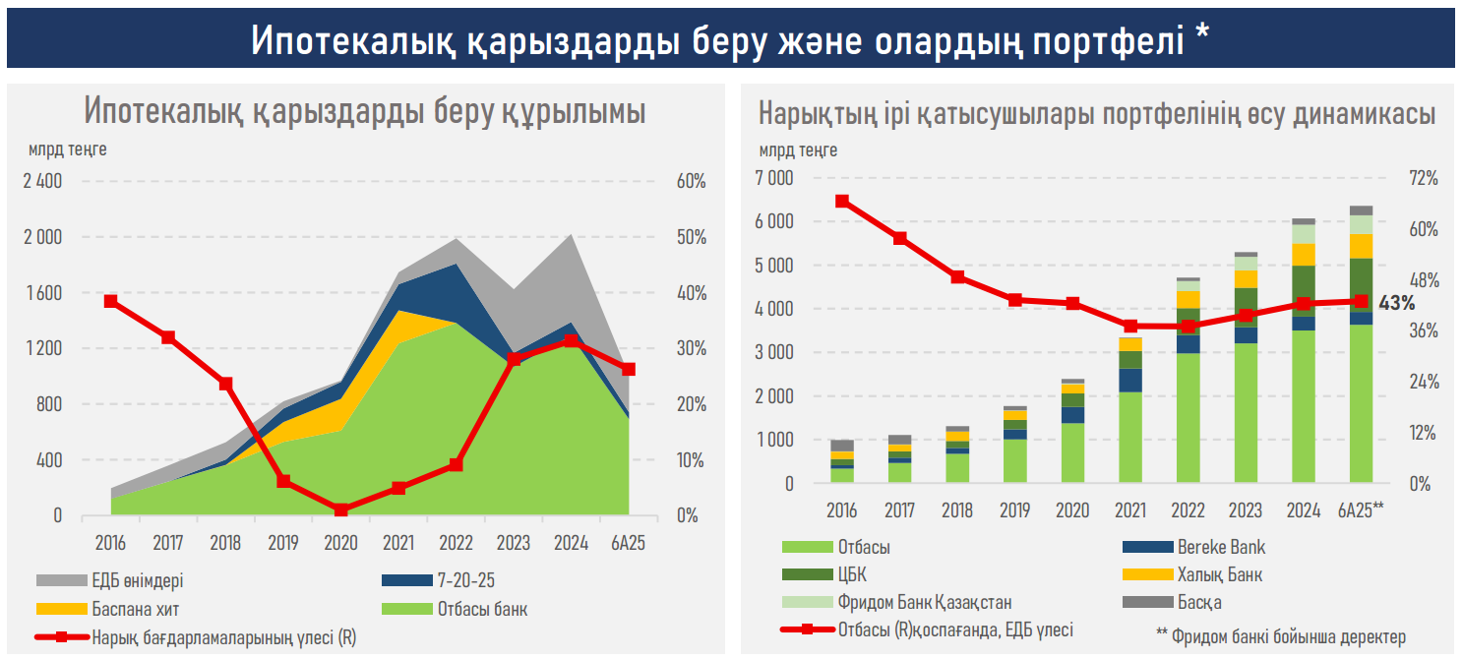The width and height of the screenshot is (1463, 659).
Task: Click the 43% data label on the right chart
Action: coord(1396,303)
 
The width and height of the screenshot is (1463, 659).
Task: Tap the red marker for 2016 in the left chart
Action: coord(110,301)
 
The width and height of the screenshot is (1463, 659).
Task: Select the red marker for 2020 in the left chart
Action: coord(340,510)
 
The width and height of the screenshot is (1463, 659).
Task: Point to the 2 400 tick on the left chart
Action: coord(41,181)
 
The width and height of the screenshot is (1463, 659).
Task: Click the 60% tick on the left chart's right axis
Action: coord(691,181)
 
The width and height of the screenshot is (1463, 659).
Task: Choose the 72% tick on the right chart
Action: coord(1423,178)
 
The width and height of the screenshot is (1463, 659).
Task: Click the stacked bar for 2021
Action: coord(1129,409)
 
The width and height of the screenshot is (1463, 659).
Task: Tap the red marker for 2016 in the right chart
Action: coord(842,201)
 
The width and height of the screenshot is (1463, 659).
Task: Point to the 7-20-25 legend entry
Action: coord(466,580)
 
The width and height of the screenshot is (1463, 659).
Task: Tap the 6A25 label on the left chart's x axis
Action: coord(628,542)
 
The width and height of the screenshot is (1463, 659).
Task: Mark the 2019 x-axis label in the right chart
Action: coord(1014,510)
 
